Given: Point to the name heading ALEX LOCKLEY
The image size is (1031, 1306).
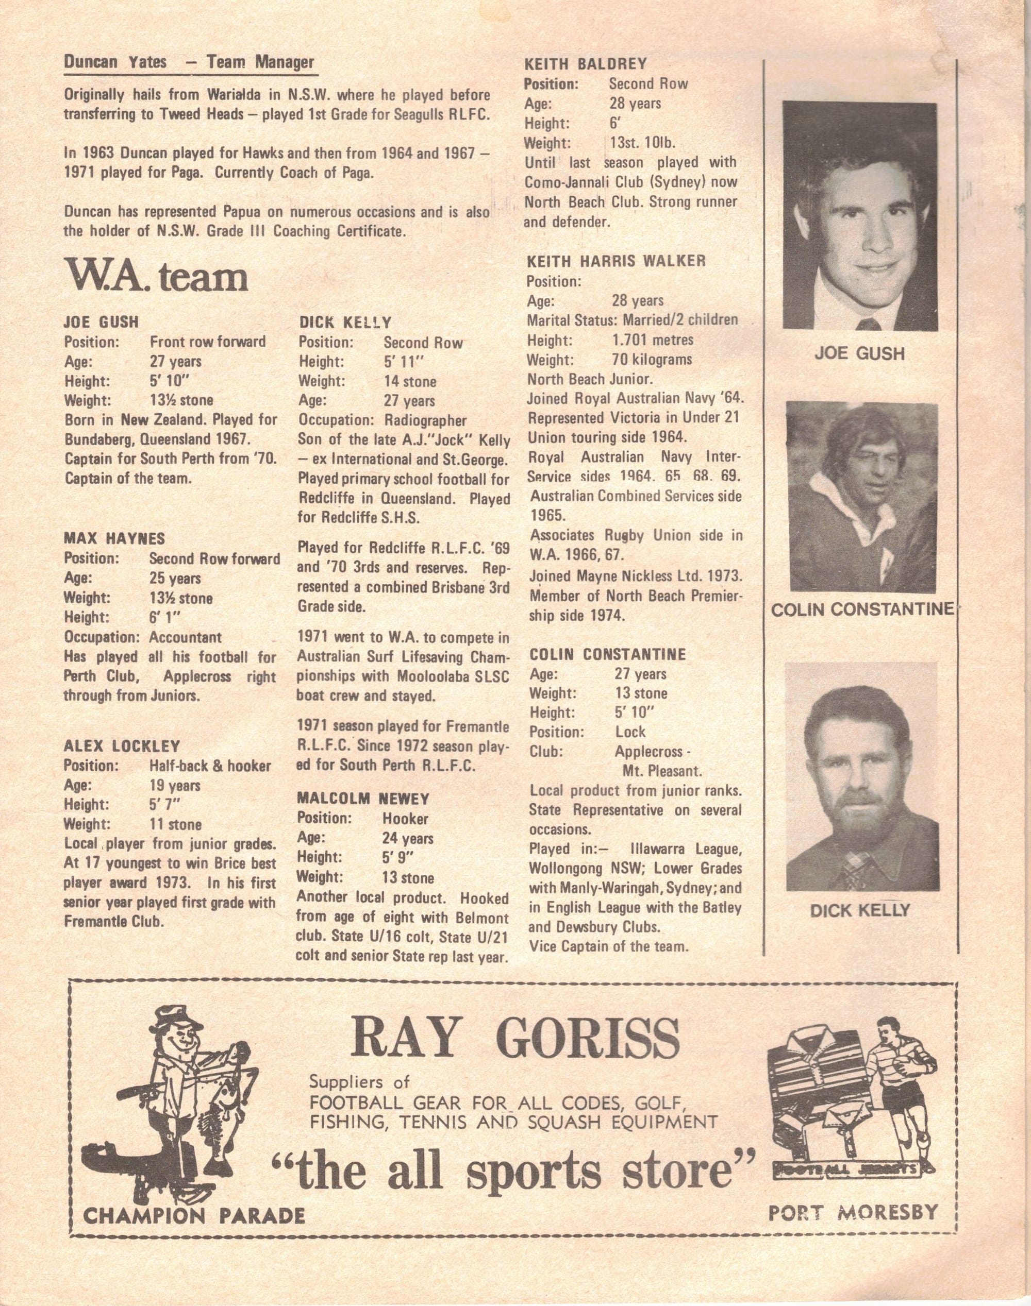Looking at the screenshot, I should [122, 746].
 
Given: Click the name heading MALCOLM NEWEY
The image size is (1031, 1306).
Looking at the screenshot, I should [363, 799].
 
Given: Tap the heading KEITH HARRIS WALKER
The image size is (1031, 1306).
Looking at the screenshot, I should [617, 261].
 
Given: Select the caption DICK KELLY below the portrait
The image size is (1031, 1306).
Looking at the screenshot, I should [859, 910].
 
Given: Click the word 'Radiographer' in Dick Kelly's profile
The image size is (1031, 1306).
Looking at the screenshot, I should [425, 420].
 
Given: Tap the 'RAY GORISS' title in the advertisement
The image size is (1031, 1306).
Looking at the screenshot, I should [516, 1037].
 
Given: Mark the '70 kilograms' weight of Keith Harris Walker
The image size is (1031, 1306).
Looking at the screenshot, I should [652, 360].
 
